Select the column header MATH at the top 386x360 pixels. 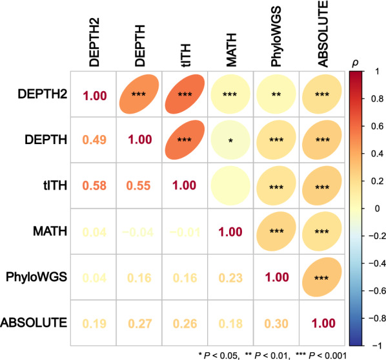pyautogui.click(x=231, y=41)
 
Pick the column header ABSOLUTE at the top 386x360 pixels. pyautogui.click(x=322, y=33)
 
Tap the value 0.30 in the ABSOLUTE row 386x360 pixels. pyautogui.click(x=276, y=322)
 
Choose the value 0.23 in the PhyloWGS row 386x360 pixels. pyautogui.click(x=231, y=277)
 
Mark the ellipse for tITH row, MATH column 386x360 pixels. pyautogui.click(x=231, y=185)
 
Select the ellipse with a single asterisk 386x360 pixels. pyautogui.click(x=231, y=140)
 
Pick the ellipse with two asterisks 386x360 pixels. pyautogui.click(x=276, y=94)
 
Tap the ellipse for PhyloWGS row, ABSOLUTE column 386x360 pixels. pyautogui.click(x=322, y=276)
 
